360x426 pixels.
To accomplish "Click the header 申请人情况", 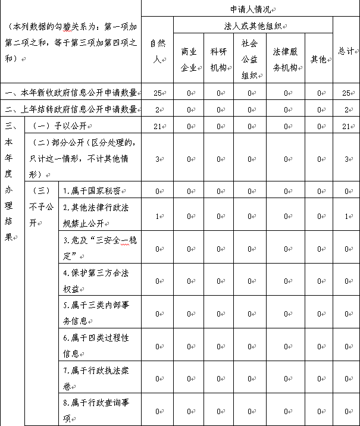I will [249, 8].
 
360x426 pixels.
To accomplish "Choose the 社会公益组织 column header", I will [249, 59].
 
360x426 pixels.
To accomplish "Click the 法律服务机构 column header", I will [285, 59].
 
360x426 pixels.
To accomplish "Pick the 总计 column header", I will [345, 51].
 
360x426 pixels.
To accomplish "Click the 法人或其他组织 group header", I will [252, 26].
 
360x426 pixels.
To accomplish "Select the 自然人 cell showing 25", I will [157, 93].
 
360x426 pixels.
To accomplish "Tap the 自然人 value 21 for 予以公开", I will [157, 126].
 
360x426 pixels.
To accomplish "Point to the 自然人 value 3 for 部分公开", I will [157, 158].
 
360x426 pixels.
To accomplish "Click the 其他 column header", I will [318, 59].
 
